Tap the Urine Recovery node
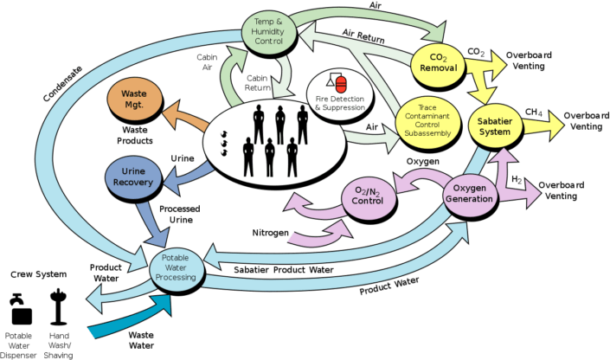point(133,177)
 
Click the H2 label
point(516,179)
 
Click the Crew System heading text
point(36,273)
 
